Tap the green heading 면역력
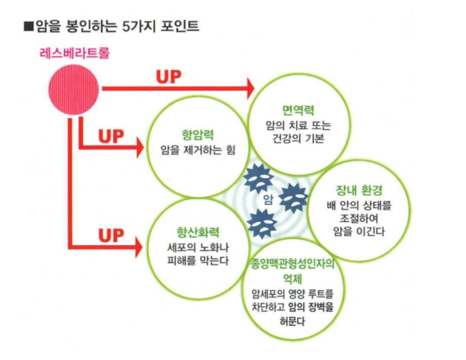pyautogui.click(x=291, y=110)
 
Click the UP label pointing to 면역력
pyautogui.click(x=169, y=77)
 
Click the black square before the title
pyautogui.click(x=29, y=26)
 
